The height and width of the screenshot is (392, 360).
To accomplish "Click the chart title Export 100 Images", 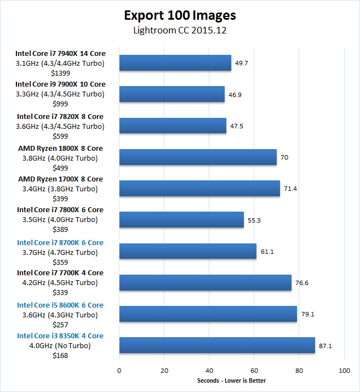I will [180, 14].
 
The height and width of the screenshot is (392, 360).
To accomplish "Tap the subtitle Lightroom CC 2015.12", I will [180, 30].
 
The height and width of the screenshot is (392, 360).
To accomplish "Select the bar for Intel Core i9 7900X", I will [172, 94].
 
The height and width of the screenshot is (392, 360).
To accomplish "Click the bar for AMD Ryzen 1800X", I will [198, 157].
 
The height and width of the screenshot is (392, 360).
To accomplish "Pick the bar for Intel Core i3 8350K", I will [217, 345].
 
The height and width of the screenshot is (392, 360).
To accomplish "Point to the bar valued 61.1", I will [187, 251].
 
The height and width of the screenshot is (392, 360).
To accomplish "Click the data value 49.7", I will [241, 64].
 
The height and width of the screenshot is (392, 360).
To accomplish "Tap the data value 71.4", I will [290, 189].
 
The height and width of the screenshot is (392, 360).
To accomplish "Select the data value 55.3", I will [254, 220].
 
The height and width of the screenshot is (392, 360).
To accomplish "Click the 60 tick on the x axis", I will [254, 371].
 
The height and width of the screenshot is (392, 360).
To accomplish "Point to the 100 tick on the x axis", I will [344, 371].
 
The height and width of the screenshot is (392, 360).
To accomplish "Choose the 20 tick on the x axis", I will [164, 371].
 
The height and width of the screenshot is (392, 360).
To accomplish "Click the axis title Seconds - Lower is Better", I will [231, 380].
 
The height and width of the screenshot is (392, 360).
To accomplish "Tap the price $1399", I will [60, 73].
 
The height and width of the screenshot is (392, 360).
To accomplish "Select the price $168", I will [60, 355].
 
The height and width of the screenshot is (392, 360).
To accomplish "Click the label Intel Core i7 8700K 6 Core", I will [60, 242].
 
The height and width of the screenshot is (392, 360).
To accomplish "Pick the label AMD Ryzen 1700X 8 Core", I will [60, 179].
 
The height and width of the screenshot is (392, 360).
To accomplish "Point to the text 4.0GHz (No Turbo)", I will [60, 345].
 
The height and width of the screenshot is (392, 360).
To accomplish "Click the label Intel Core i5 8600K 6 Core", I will [60, 305].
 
